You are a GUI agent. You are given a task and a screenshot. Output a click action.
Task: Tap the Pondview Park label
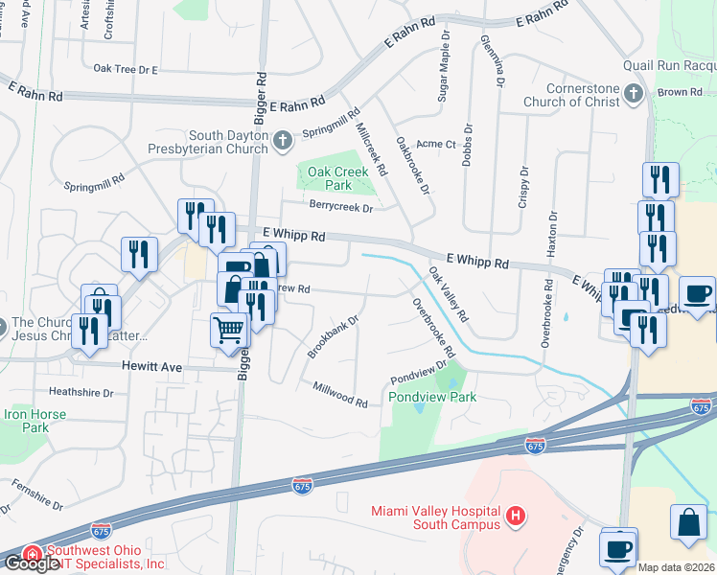(x=432, y=397)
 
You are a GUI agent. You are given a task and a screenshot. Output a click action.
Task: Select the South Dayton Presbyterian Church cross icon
(x=282, y=142)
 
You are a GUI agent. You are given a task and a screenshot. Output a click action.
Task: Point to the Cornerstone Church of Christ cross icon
(x=633, y=94)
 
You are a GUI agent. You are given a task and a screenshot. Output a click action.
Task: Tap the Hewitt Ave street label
(x=151, y=366)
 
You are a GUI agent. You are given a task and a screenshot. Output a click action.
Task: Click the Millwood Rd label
(x=340, y=394)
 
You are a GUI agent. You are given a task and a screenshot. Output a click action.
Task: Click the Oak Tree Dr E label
(x=126, y=69)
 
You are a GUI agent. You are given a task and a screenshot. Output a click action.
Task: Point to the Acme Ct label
(x=437, y=145)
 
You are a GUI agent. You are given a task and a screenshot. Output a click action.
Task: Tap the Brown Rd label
(x=681, y=92)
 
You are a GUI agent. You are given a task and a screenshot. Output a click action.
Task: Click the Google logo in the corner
(x=32, y=563)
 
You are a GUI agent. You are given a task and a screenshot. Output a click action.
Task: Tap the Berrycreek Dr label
(x=339, y=204)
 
